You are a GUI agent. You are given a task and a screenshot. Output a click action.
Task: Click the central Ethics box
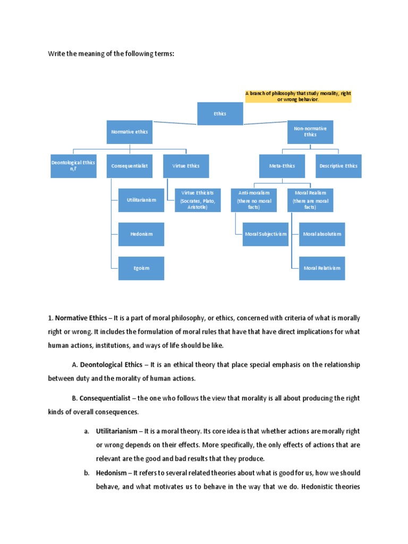220,114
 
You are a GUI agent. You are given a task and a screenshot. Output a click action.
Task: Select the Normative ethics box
130,131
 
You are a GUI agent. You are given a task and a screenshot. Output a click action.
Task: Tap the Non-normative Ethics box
310,131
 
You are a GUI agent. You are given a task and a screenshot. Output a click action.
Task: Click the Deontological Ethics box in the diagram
73,166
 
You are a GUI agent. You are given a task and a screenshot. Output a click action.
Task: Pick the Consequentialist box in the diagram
130,166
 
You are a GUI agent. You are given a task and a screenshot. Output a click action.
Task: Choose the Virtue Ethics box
186,166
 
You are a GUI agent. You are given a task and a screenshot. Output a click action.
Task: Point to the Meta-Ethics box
282,166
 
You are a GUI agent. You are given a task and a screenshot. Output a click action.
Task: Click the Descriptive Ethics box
338,166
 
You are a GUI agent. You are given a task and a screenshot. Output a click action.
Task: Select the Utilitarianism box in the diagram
141,200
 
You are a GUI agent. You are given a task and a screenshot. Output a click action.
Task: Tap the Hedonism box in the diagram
141,234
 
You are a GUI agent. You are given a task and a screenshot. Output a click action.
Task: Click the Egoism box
141,268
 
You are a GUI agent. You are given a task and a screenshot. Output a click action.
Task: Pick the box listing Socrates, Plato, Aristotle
198,200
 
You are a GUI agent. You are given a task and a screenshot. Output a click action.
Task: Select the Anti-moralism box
254,200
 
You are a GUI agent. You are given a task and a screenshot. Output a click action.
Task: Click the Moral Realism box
310,200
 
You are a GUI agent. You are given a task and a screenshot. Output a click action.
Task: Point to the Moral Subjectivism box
266,234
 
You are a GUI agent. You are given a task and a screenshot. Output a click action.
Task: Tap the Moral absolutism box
322,234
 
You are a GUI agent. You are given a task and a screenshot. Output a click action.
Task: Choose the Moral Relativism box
322,268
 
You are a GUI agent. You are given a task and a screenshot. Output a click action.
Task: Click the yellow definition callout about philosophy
298,96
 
